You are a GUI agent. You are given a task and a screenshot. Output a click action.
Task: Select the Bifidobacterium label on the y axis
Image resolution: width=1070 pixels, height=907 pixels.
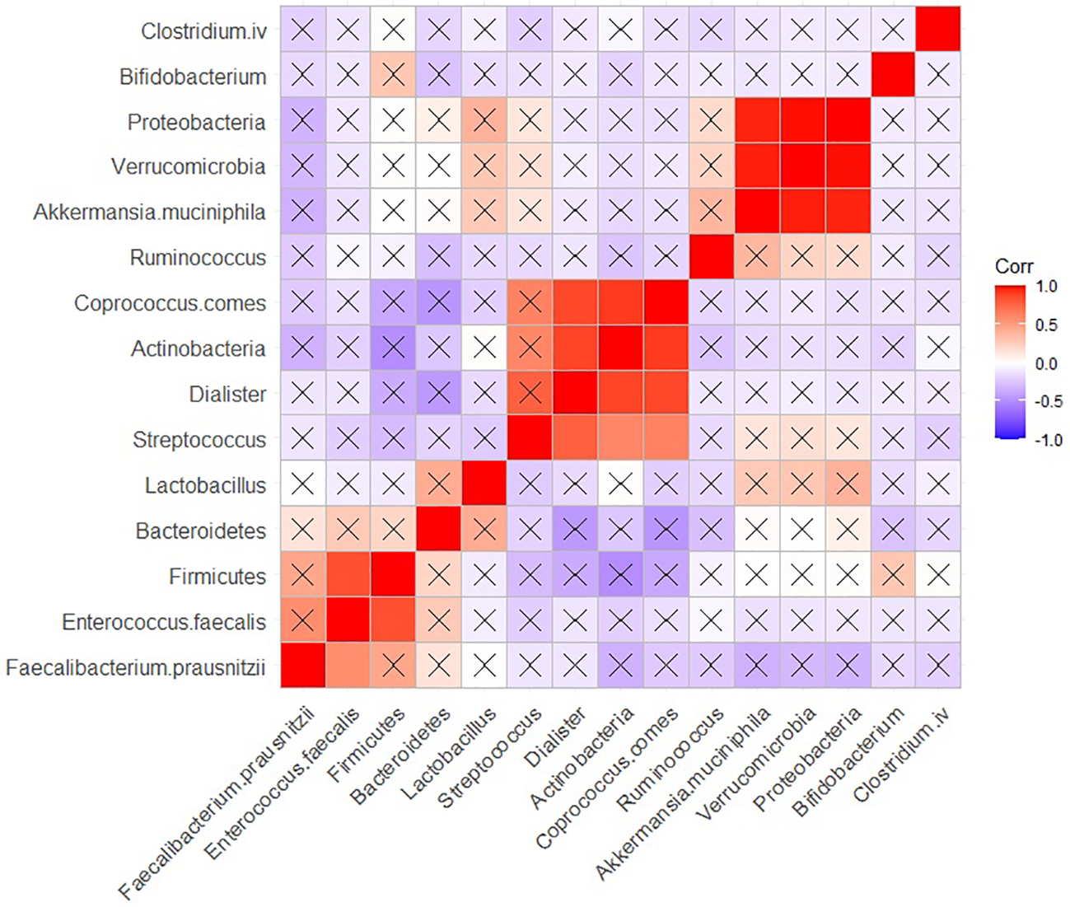(193, 77)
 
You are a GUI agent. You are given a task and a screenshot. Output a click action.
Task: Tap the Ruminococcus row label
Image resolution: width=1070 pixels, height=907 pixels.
(198, 258)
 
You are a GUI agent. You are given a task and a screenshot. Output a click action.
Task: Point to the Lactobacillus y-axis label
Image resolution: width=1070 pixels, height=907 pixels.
(205, 485)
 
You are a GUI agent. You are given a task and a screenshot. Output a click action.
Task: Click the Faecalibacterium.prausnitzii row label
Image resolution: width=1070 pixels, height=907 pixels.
(136, 666)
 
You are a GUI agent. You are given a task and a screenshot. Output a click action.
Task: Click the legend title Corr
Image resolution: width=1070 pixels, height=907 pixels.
(1014, 267)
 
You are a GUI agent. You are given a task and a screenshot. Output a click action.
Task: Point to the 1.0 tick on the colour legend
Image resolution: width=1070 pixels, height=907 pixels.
(1046, 287)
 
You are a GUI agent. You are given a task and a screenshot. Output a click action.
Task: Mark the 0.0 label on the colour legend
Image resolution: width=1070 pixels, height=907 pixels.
(1046, 363)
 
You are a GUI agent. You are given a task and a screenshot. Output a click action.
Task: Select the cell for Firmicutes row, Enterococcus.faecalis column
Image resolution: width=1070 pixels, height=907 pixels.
(348, 576)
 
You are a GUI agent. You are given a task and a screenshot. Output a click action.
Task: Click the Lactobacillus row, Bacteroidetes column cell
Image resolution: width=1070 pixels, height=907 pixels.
(438, 485)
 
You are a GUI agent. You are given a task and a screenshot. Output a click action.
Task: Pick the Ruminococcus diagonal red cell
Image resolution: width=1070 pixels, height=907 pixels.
(711, 258)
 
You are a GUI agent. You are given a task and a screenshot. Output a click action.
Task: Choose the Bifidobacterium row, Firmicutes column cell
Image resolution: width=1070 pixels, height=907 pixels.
(393, 77)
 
